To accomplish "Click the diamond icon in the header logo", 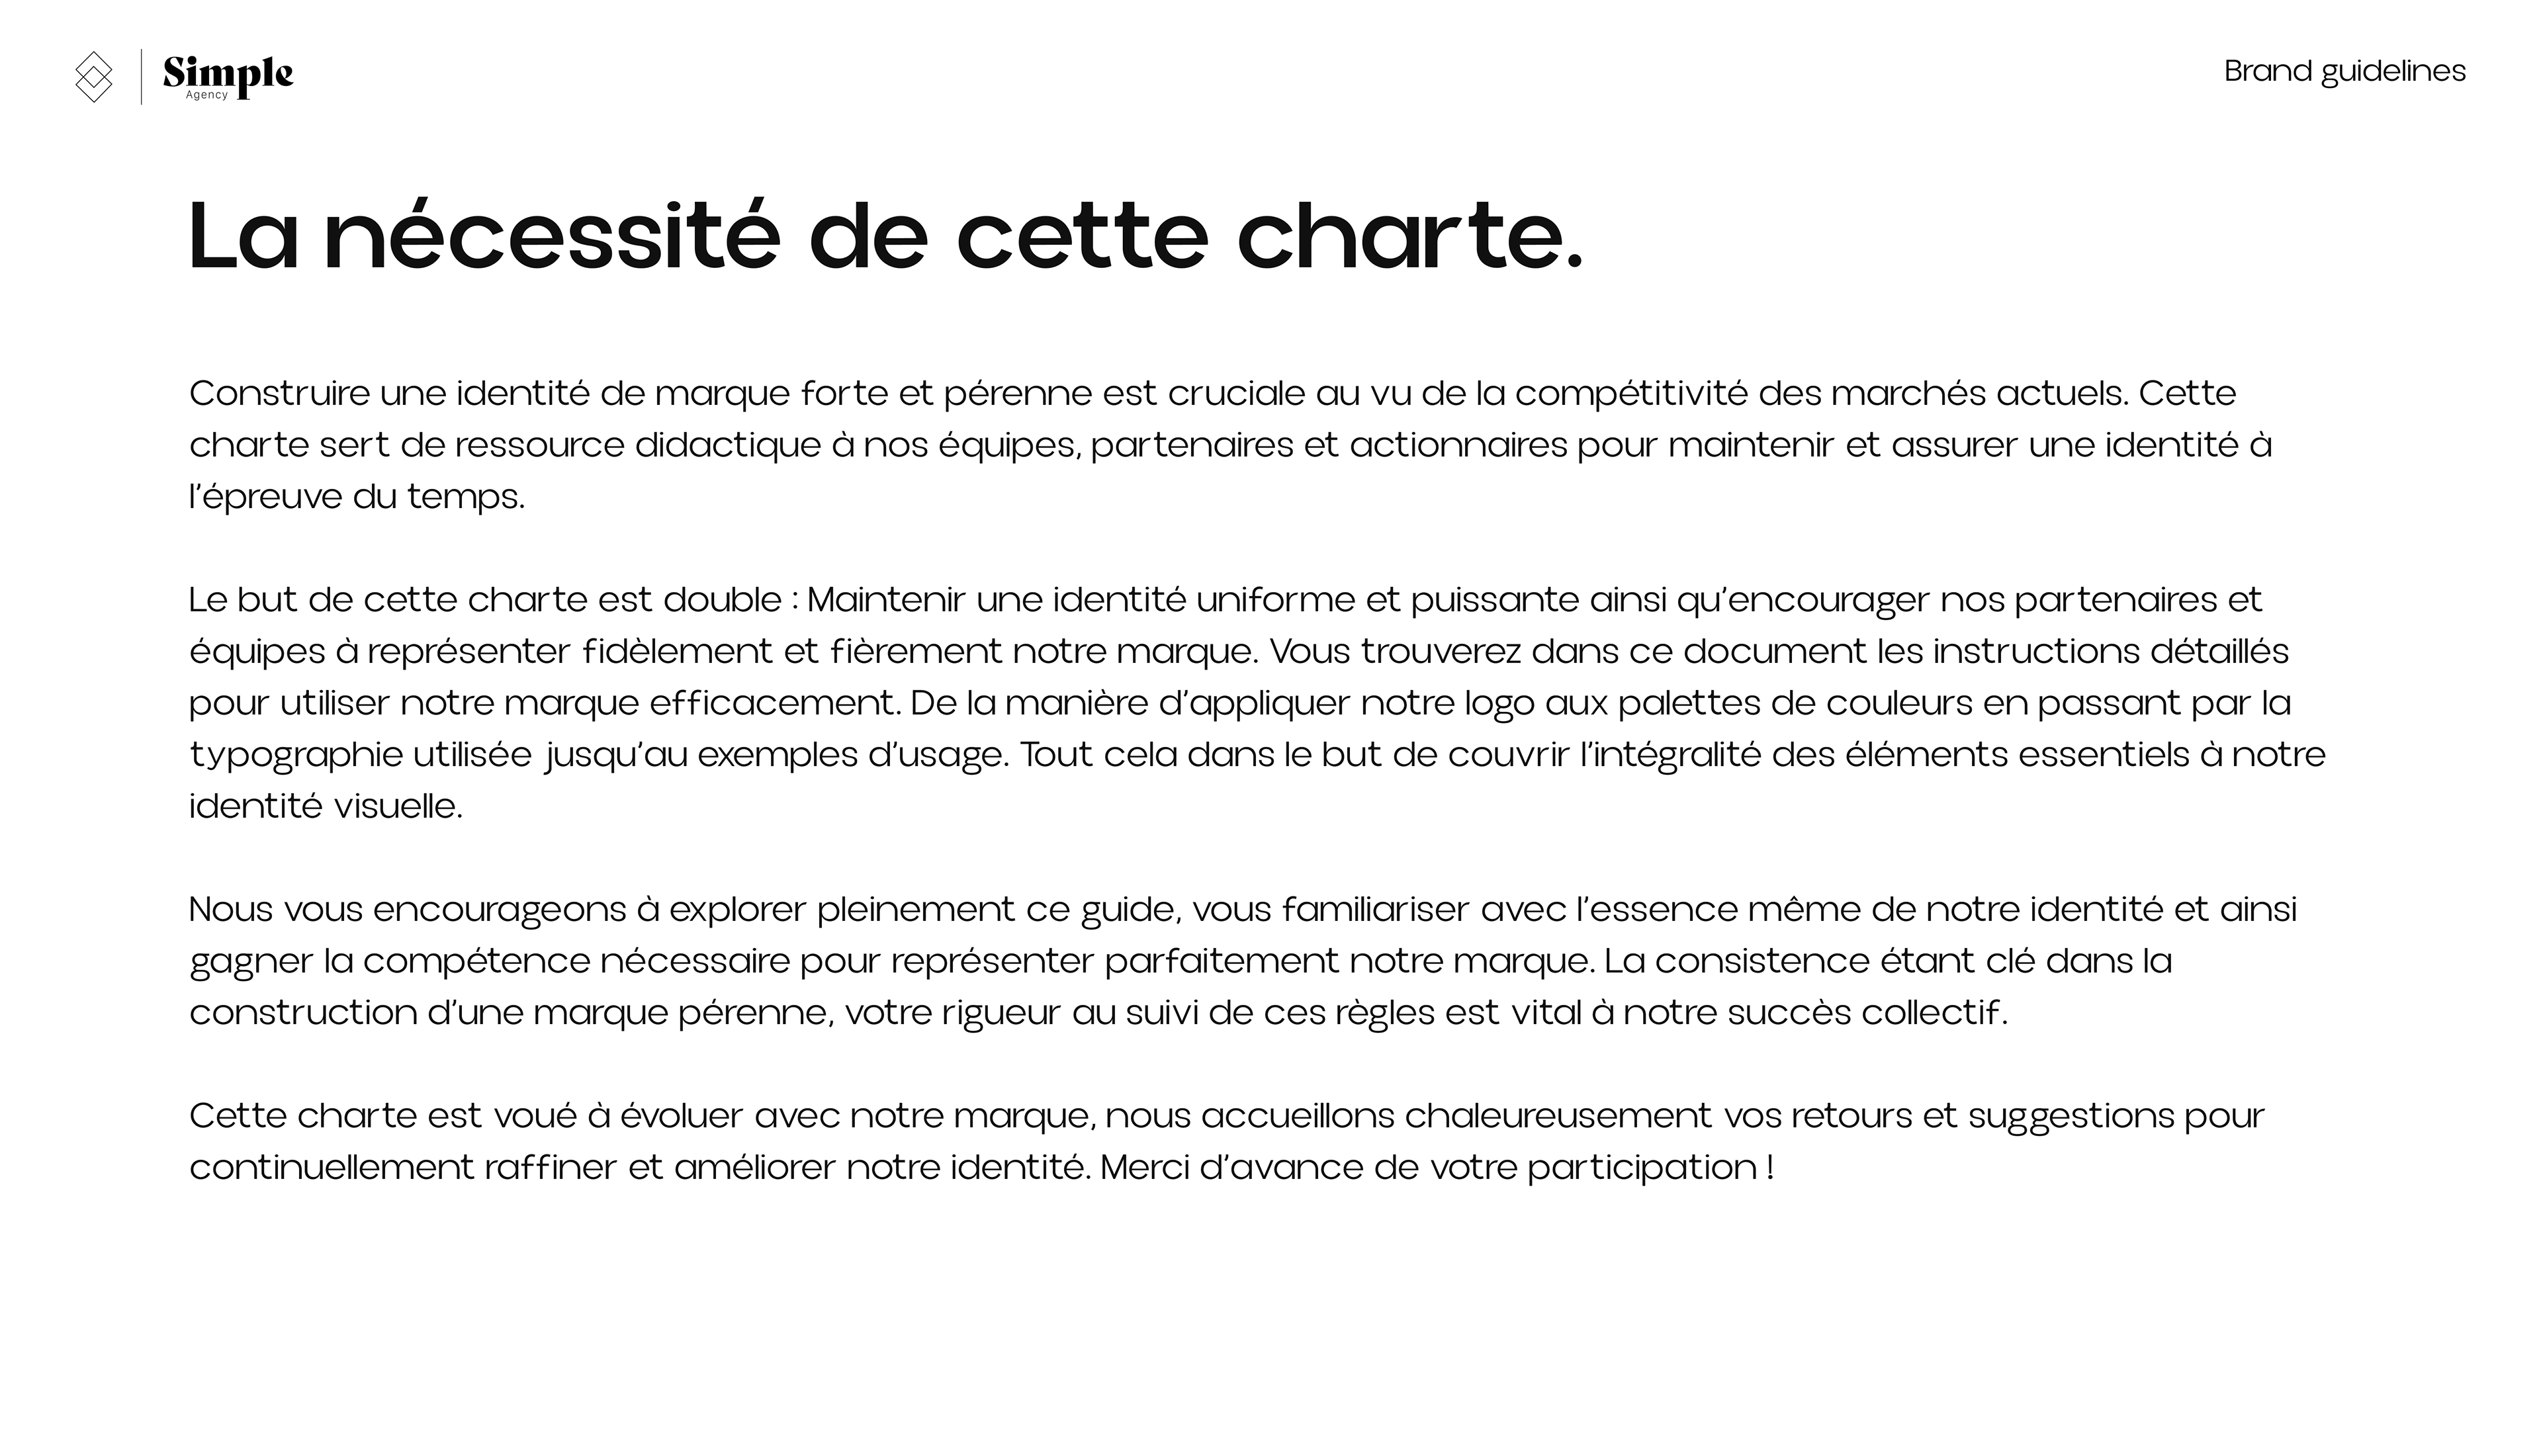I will point(94,76).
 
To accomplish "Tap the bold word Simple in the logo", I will point(228,72).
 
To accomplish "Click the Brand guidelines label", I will point(2344,71).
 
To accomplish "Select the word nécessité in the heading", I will point(551,237).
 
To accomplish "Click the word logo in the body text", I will point(1499,703).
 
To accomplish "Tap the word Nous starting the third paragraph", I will point(231,909).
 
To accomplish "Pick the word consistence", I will point(1761,961).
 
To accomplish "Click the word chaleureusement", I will point(1558,1115).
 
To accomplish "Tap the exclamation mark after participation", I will point(1771,1168).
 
